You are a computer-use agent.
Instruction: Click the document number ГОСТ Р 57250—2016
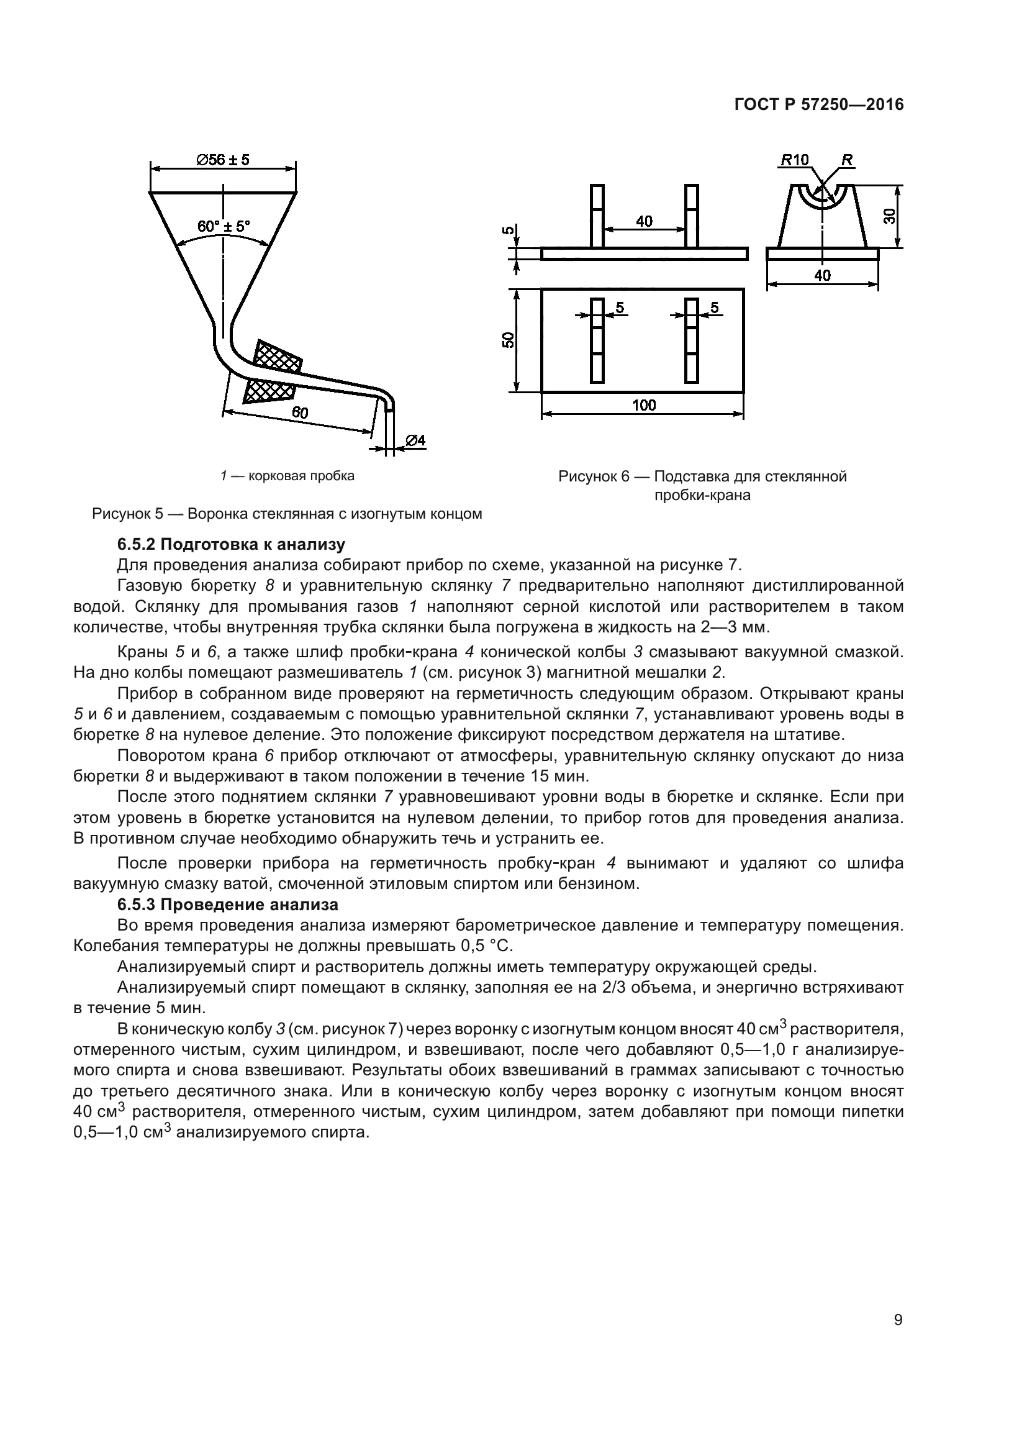[819, 105]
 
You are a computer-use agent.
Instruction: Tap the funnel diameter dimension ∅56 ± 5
[224, 160]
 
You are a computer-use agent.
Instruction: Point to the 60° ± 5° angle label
[224, 226]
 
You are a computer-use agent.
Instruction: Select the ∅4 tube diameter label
[415, 440]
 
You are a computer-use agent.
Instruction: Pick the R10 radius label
[795, 160]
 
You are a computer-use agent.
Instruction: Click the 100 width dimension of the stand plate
[643, 405]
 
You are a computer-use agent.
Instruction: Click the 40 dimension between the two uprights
[644, 221]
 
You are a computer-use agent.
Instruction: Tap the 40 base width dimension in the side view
[822, 275]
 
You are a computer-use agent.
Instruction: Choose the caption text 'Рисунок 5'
[129, 514]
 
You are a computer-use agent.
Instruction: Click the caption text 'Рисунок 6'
[594, 476]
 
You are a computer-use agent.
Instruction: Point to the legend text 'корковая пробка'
[302, 476]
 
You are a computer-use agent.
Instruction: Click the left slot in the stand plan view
[597, 340]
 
